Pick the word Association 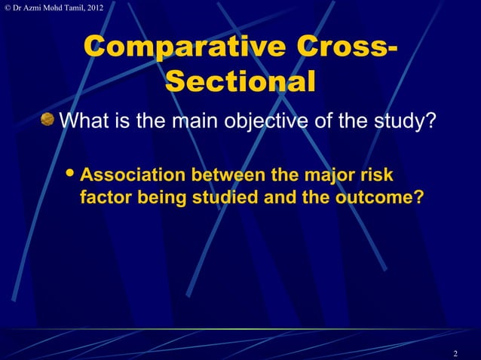132,176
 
